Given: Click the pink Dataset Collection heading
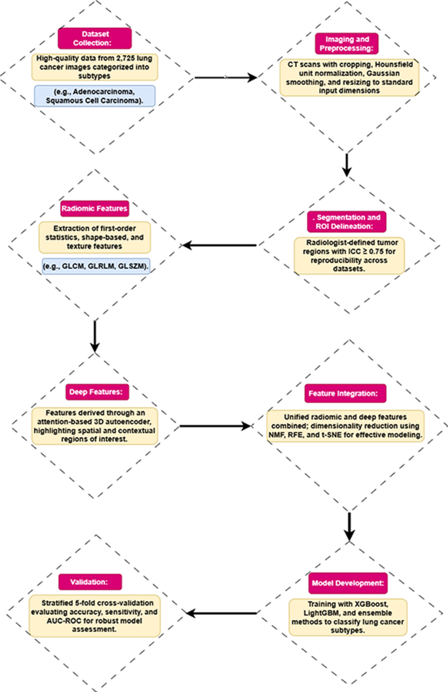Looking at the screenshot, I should coord(95,39).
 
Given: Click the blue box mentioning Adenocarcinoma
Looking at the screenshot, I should coord(95,95).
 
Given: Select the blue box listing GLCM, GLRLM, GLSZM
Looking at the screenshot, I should coord(95,266).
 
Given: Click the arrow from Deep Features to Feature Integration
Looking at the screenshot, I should coord(216,426).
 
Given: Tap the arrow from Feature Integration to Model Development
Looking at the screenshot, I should coord(347,523).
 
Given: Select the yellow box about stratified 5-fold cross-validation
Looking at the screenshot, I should coord(95,615).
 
